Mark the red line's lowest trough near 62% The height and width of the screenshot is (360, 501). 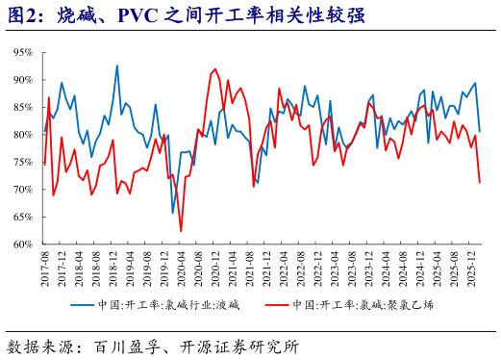[181, 232]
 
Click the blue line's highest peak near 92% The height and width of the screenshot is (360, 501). [117, 65]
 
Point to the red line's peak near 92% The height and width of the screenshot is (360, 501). [213, 69]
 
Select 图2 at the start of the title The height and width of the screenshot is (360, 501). [21, 16]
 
